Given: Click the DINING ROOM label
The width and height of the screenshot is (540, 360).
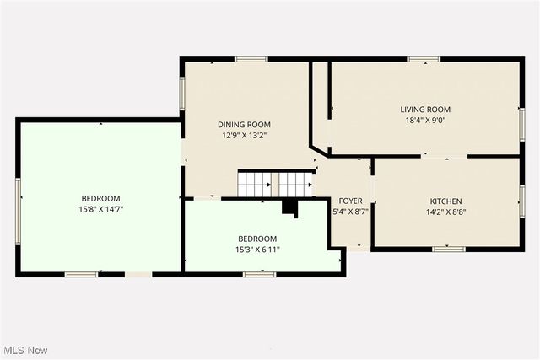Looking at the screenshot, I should click(x=245, y=124).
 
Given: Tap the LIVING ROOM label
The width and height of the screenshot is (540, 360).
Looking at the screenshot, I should click(x=425, y=110).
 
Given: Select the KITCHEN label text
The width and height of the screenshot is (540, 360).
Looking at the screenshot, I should click(x=446, y=201).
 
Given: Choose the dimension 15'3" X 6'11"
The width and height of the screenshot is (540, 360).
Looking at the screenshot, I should click(x=257, y=249).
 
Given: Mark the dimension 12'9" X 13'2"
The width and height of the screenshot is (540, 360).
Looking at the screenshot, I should click(x=245, y=135).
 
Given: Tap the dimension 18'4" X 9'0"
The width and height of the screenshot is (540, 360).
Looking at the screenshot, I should click(x=425, y=121).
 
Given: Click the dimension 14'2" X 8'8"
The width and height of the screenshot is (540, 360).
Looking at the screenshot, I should click(x=446, y=212).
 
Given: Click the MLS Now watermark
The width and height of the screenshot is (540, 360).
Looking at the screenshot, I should click(x=24, y=350).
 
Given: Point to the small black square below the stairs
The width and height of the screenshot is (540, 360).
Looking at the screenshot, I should click(x=289, y=207).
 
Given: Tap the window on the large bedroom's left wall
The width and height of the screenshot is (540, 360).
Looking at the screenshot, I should click(x=18, y=200).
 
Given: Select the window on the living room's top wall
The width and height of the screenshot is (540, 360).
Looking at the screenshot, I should click(x=424, y=59).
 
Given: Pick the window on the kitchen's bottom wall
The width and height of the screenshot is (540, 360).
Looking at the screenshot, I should click(x=448, y=249).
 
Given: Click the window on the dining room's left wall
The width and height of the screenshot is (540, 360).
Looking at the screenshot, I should click(x=181, y=94).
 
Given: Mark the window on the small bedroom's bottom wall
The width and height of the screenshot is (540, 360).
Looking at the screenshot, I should click(x=259, y=274).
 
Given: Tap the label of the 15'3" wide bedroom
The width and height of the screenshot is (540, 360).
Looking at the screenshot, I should click(x=257, y=239).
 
